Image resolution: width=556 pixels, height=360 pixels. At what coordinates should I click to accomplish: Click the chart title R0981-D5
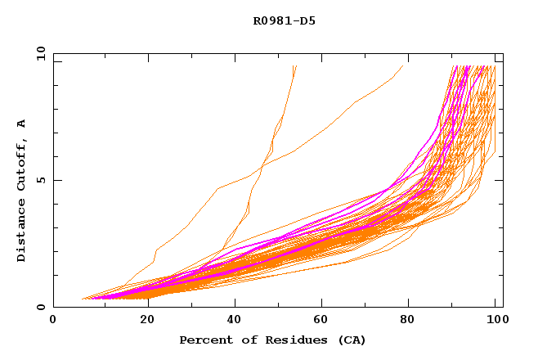coord(284,20)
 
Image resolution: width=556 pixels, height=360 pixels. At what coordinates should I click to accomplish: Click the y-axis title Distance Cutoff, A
coord(21,190)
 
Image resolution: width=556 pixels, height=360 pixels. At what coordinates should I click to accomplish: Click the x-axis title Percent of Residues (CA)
coord(272,340)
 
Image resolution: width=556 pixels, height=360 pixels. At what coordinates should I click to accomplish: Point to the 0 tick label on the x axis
coord(53,320)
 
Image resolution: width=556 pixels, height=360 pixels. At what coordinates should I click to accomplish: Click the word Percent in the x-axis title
coord(204,340)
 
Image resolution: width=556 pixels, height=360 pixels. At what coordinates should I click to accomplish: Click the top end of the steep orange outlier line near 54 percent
coord(295,67)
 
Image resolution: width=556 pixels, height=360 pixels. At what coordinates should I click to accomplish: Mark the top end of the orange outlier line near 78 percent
coord(403,66)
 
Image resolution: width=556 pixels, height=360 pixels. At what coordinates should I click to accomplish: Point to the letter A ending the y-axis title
coord(21,123)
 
